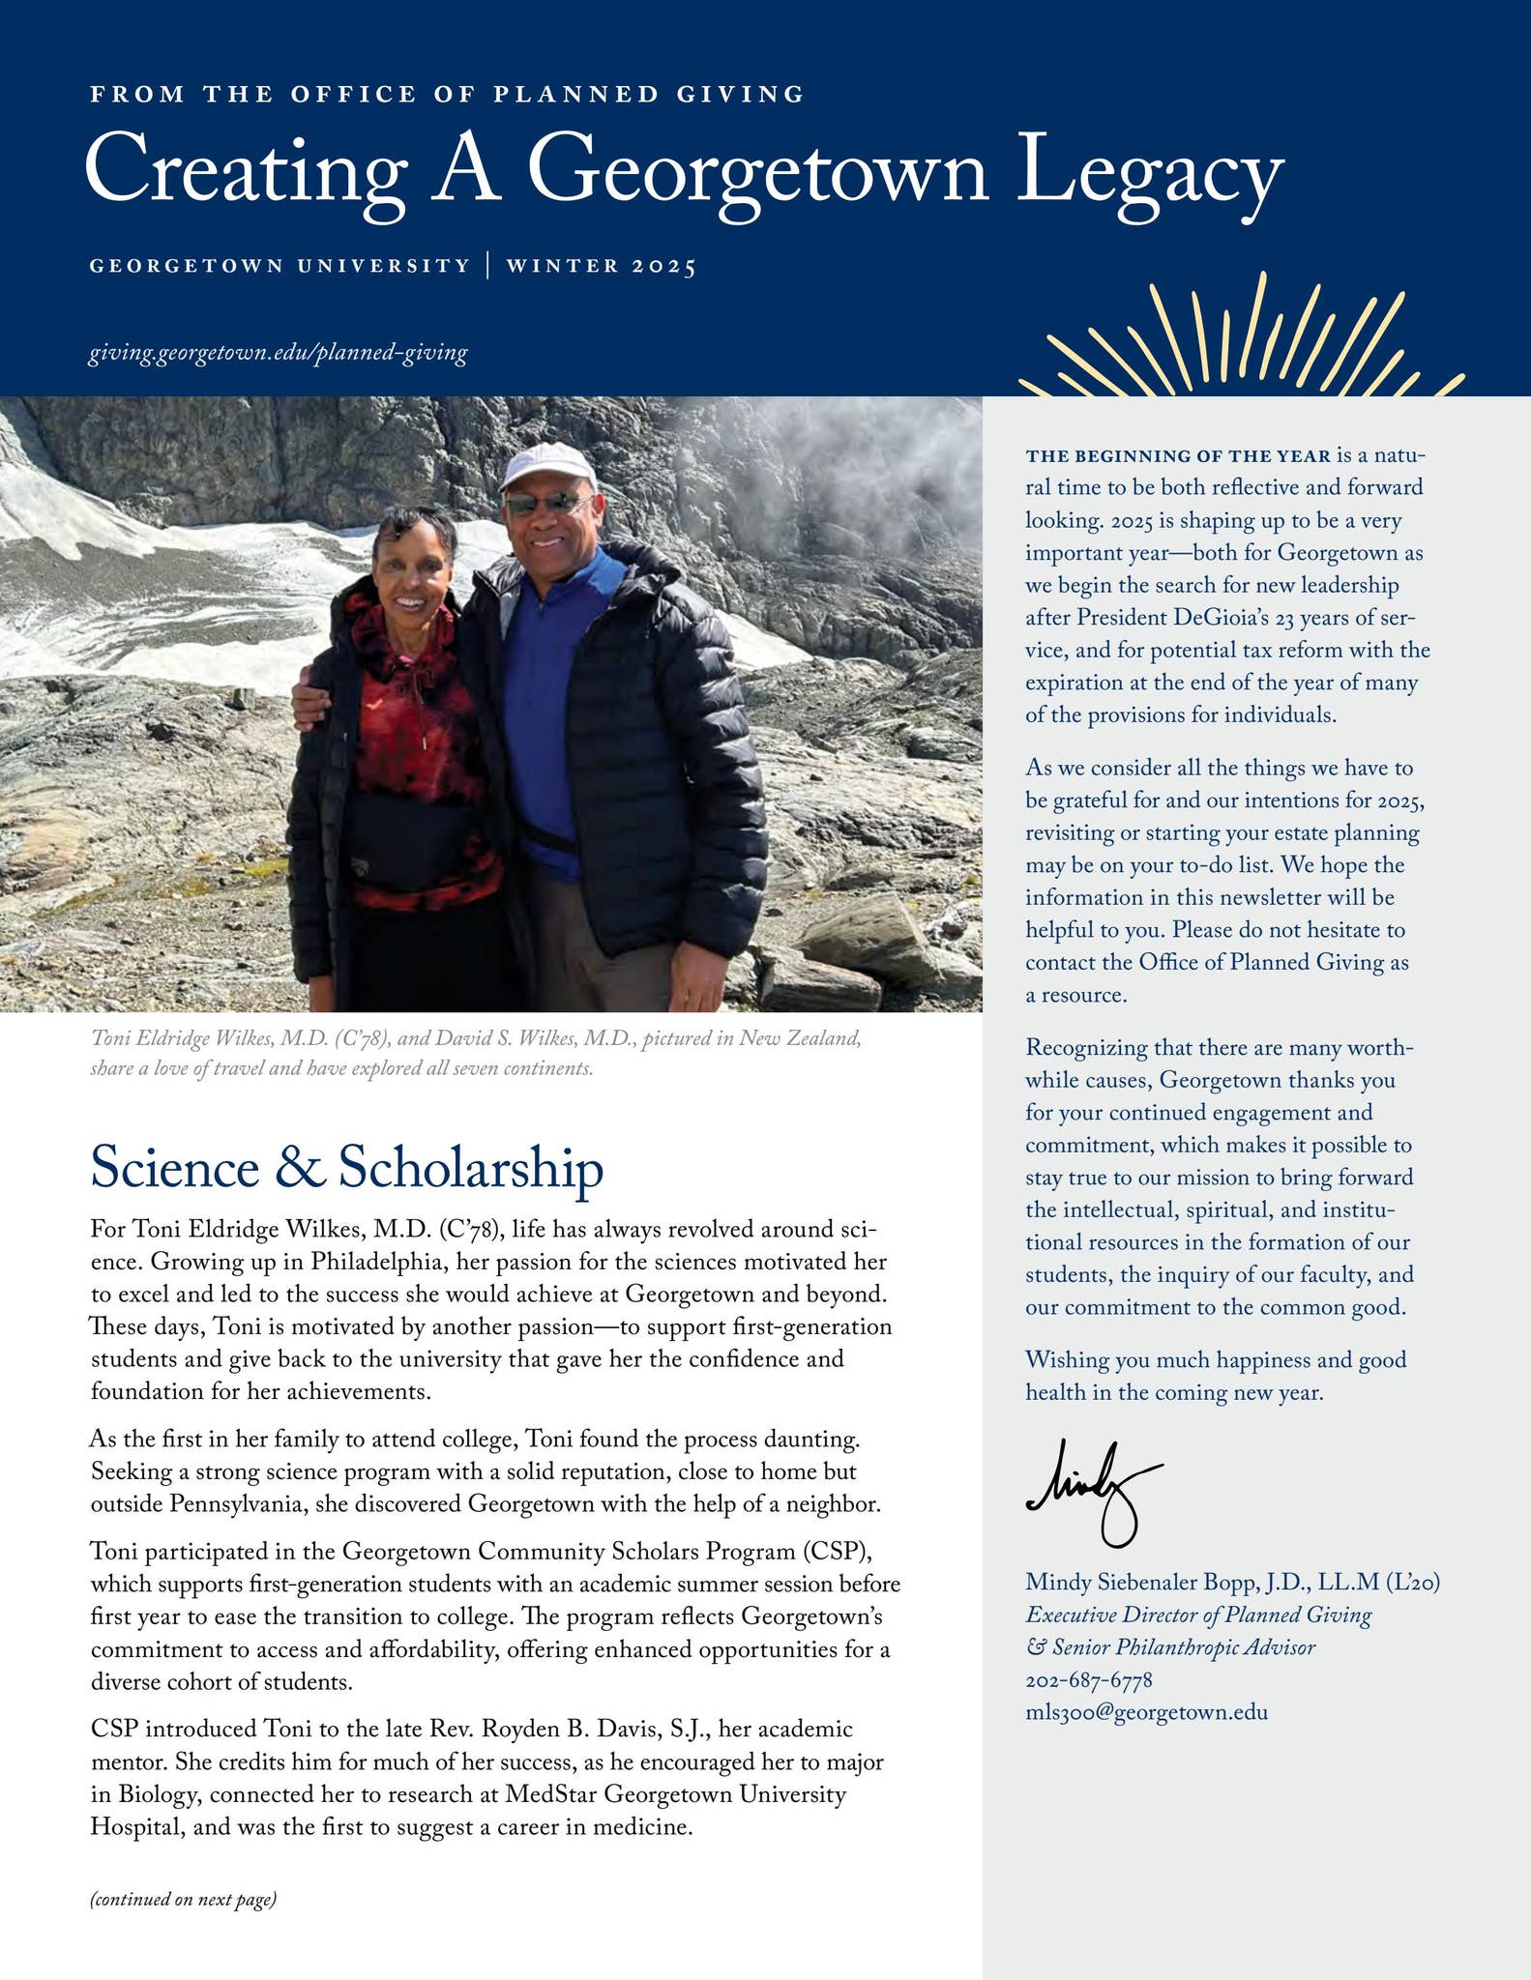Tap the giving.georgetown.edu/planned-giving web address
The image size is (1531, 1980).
click(279, 353)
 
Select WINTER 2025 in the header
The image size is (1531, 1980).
click(601, 266)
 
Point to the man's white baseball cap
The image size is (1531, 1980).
click(547, 466)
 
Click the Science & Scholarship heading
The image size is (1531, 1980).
click(346, 1169)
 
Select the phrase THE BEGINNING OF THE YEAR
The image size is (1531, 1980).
click(1177, 456)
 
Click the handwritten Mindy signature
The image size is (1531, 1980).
click(1093, 1489)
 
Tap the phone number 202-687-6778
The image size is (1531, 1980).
click(1089, 1680)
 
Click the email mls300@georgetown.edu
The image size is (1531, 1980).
click(1146, 1712)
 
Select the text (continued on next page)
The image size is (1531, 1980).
click(184, 1900)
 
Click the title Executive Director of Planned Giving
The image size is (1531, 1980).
click(1198, 1615)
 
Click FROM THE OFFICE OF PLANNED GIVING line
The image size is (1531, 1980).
click(447, 94)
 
